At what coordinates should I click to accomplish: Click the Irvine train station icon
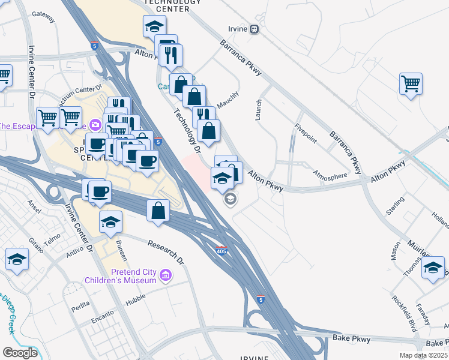(x=255, y=29)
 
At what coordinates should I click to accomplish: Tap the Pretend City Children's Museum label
(x=120, y=275)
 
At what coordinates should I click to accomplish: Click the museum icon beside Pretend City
(x=166, y=275)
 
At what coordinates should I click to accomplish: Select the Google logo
(x=20, y=352)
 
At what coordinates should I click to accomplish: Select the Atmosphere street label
(x=330, y=175)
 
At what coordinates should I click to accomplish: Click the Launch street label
(x=259, y=110)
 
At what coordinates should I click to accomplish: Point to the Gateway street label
(x=43, y=14)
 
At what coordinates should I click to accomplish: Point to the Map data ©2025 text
(x=423, y=355)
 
